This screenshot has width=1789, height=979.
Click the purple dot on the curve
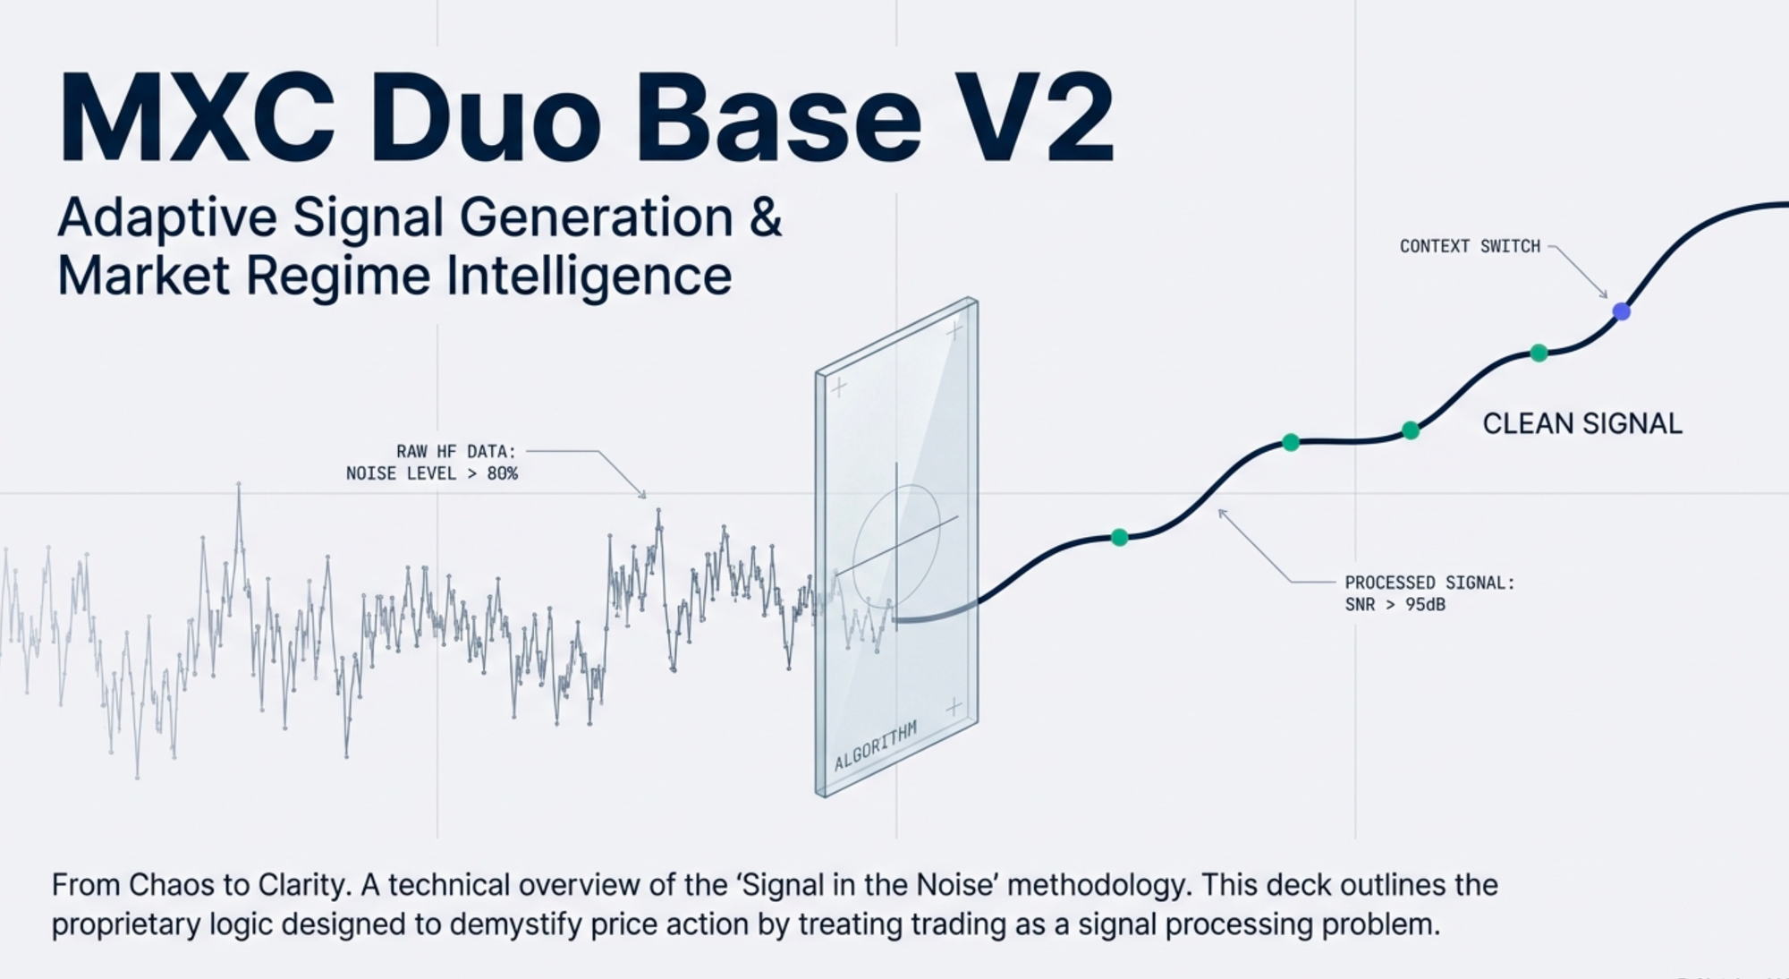click(1621, 311)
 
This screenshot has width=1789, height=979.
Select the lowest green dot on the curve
click(1119, 537)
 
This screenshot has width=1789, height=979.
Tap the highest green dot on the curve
click(1539, 353)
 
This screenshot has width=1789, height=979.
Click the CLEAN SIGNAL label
click(1582, 423)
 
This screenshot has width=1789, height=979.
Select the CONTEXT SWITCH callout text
click(1470, 246)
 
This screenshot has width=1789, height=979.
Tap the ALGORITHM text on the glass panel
click(876, 746)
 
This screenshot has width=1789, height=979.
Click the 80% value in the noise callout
click(502, 473)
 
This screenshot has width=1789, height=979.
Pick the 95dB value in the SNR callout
click(1425, 604)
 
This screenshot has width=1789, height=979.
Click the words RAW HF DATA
click(456, 451)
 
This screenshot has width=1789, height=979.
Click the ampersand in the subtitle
click(765, 217)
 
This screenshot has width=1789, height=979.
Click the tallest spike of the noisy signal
click(239, 484)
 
